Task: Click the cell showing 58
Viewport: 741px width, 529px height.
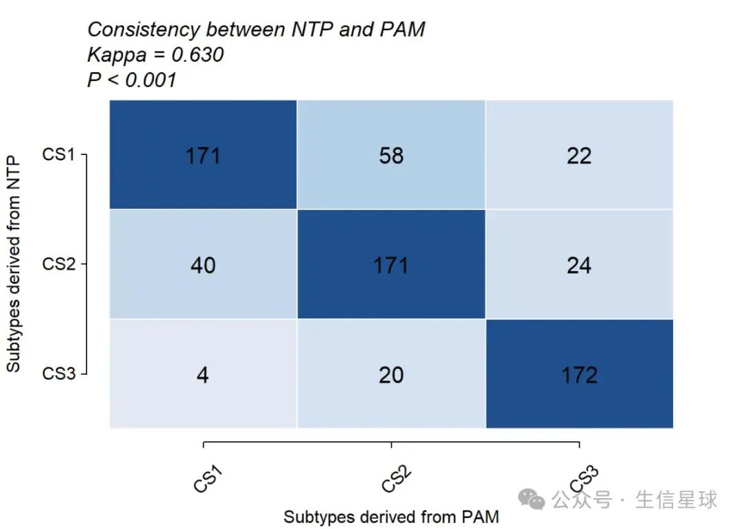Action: (x=391, y=156)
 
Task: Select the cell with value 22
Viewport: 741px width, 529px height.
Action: (x=579, y=156)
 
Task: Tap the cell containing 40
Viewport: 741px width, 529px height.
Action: (x=203, y=265)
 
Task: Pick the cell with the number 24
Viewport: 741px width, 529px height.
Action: (x=579, y=265)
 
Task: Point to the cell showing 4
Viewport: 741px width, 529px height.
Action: (x=203, y=375)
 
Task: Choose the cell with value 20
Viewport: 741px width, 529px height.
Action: (x=391, y=375)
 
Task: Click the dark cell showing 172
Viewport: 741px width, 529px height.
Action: (x=579, y=375)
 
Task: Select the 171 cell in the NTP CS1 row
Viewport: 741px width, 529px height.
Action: (x=203, y=156)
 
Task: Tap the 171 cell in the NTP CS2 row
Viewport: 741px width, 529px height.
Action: (x=391, y=265)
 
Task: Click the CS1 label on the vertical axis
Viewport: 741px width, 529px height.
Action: (x=58, y=155)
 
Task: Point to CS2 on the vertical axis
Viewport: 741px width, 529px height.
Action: (x=58, y=264)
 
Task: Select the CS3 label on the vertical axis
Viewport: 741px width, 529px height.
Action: (x=58, y=374)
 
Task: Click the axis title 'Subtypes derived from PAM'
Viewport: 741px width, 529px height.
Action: (x=391, y=517)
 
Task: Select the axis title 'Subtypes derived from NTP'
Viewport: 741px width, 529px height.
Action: (x=14, y=264)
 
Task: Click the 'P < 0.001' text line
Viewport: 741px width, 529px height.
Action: (x=132, y=80)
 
